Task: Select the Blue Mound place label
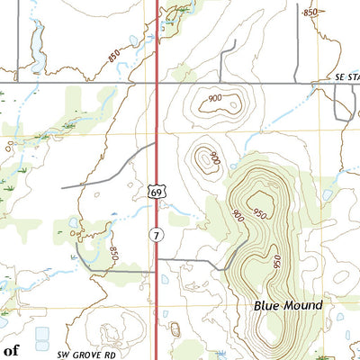(x=287, y=305)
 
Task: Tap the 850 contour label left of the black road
(x=311, y=13)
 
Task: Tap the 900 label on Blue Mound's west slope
(x=237, y=216)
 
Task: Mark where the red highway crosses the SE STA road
(x=158, y=84)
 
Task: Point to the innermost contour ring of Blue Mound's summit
(x=264, y=201)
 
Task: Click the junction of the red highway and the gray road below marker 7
(x=158, y=258)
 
